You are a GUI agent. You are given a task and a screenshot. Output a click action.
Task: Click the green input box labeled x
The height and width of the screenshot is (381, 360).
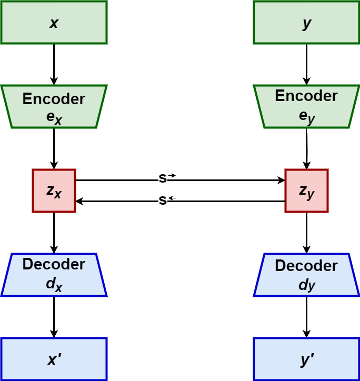[54, 22]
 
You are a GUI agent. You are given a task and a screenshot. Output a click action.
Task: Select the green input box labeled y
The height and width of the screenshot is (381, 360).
[306, 22]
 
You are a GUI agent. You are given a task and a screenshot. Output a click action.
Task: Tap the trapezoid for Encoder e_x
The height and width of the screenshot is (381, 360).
[54, 107]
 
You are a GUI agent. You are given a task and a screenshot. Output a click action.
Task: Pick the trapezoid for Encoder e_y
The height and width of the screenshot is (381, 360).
[306, 107]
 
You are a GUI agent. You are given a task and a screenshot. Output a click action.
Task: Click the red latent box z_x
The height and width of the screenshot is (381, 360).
[54, 190]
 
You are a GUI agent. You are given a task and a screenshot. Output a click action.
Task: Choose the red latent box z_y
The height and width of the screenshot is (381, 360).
[306, 190]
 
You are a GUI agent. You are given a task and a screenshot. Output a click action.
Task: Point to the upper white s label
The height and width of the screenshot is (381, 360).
[163, 178]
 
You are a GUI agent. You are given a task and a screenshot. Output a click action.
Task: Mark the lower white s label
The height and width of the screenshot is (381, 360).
[163, 200]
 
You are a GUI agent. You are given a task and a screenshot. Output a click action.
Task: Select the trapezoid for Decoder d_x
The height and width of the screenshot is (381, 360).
[54, 275]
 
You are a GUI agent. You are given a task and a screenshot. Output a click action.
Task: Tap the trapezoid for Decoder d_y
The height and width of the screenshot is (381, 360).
[306, 275]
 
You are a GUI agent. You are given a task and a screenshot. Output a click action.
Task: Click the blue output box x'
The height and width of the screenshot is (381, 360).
[54, 359]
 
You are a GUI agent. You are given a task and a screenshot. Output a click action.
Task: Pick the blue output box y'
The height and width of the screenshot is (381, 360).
[306, 359]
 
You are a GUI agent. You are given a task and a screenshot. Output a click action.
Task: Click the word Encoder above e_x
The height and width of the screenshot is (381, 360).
[54, 99]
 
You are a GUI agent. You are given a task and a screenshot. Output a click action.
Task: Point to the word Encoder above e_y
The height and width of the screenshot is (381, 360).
[306, 96]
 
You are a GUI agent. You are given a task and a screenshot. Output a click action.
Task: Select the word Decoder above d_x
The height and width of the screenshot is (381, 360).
[54, 264]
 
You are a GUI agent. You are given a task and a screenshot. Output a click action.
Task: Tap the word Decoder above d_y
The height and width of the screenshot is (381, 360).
[306, 266]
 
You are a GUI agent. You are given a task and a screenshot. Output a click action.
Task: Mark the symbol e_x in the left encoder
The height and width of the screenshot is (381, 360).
[54, 117]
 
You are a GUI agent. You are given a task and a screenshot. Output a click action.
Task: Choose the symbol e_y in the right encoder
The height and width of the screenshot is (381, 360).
[307, 117]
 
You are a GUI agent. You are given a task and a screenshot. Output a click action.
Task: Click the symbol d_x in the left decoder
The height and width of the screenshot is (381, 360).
[54, 285]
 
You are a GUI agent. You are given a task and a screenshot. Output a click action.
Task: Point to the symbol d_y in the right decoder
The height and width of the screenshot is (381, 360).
[306, 285]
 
